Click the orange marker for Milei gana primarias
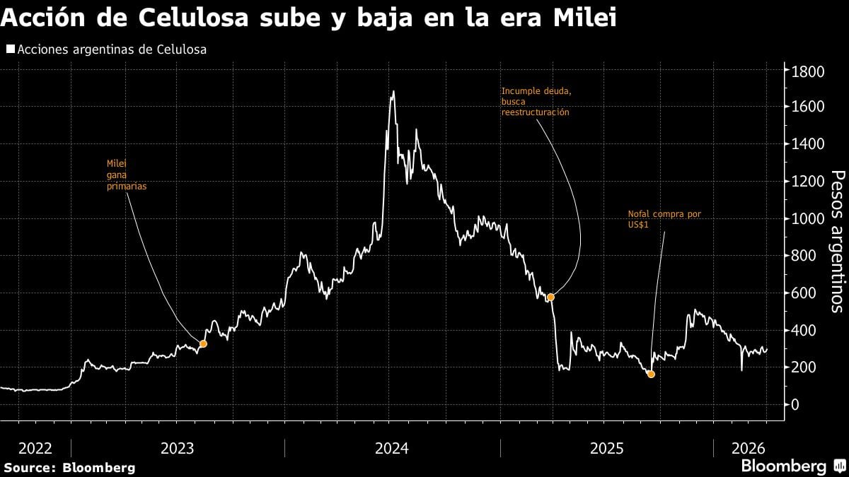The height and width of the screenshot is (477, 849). click(203, 344)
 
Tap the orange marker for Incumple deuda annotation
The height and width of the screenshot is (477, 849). click(550, 297)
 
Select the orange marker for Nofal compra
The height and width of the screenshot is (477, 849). click(651, 374)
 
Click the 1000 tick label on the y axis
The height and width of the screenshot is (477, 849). click(807, 219)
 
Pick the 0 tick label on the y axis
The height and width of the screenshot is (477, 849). click(795, 405)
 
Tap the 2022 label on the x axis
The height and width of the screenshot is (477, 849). click(35, 448)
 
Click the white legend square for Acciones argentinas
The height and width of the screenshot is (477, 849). click(10, 49)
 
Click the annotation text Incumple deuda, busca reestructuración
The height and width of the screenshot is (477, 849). click(535, 102)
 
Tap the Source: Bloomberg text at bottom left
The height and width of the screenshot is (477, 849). click(69, 468)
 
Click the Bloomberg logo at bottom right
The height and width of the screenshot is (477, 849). click(792, 466)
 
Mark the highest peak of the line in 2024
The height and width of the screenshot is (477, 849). click(393, 91)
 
